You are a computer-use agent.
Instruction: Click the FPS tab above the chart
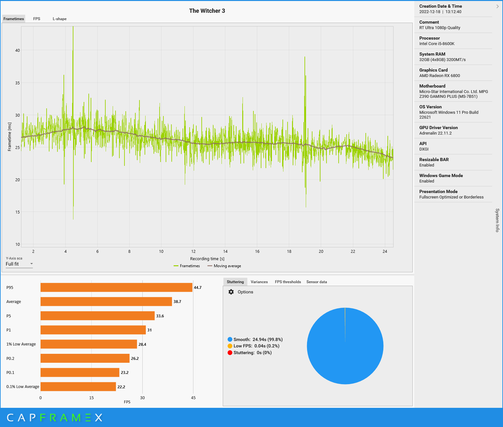click(37, 19)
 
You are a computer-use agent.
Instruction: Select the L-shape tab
click(60, 19)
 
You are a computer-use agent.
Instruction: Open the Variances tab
click(259, 282)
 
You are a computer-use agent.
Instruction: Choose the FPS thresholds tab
click(288, 282)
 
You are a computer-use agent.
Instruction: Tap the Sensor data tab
click(317, 282)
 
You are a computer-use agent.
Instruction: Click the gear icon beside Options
click(231, 292)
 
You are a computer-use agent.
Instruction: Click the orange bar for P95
click(116, 287)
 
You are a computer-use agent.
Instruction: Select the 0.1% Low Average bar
click(78, 387)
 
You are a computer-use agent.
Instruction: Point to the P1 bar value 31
click(149, 330)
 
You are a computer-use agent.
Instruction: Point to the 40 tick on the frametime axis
click(18, 50)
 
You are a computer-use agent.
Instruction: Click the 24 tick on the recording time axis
click(385, 252)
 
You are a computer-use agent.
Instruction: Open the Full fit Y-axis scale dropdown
click(19, 264)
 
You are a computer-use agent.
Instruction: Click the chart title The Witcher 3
click(207, 11)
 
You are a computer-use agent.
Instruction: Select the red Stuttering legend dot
click(230, 353)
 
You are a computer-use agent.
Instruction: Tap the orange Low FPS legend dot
click(230, 346)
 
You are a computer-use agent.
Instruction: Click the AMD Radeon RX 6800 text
click(439, 76)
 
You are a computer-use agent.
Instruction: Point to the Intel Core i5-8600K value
click(437, 44)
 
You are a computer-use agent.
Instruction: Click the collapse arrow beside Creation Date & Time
click(497, 6)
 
